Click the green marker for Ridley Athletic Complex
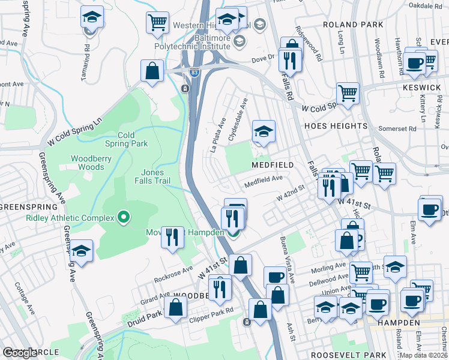[x=124, y=216]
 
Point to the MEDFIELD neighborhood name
[x=273, y=164]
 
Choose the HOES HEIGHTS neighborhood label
[x=336, y=126]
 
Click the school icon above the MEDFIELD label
[x=263, y=131]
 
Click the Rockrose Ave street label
[x=173, y=274]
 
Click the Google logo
[x=20, y=353]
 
